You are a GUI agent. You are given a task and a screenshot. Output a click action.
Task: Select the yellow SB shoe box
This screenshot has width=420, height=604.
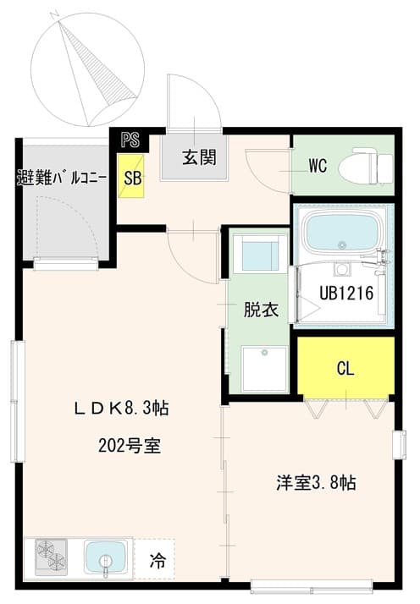tap(132, 177)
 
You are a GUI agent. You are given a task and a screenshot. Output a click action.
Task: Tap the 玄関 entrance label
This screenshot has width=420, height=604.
tap(198, 156)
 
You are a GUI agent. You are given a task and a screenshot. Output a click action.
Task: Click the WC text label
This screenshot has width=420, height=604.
tap(318, 166)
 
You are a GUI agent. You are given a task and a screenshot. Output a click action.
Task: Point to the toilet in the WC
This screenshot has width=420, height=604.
tap(364, 167)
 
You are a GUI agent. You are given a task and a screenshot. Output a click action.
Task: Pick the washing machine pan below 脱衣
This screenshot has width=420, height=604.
tap(263, 367)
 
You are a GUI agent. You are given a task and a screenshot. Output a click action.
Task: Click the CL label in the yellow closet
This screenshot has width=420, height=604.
tap(345, 369)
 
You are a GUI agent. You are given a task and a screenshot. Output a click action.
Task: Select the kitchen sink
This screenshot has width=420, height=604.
tap(107, 558)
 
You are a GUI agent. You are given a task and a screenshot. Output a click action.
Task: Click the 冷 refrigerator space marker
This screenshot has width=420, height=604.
tap(157, 559)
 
